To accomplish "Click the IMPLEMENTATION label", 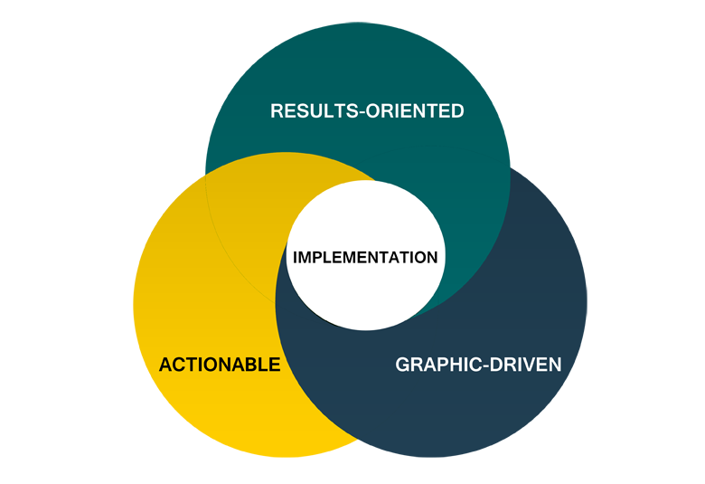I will pyautogui.click(x=365, y=257).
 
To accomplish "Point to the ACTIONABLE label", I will pyautogui.click(x=220, y=365).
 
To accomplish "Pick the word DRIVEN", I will pyautogui.click(x=525, y=365).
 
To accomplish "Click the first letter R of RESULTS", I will pyautogui.click(x=277, y=111).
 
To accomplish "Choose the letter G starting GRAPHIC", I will pyautogui.click(x=403, y=365).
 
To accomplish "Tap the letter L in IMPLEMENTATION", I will pyautogui.click(x=328, y=257).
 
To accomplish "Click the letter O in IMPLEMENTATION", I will pyautogui.click(x=421, y=257).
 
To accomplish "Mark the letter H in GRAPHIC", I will pyautogui.click(x=452, y=365).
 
